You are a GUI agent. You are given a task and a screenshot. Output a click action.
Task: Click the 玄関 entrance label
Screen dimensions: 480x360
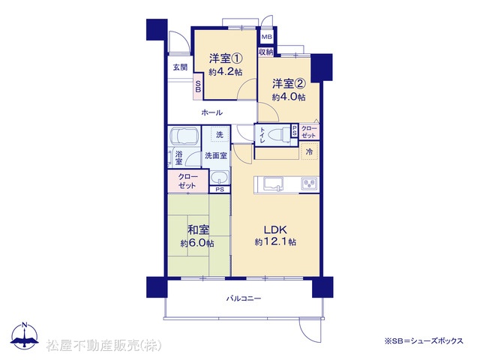tap(180, 67)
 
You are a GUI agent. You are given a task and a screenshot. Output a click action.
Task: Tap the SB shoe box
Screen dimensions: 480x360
tap(198, 86)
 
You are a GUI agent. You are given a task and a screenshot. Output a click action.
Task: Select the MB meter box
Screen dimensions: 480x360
tap(266, 37)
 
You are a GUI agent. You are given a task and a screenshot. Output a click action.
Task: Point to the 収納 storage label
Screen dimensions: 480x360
tap(265, 52)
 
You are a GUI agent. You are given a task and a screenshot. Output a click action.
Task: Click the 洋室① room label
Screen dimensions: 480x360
tap(226, 58)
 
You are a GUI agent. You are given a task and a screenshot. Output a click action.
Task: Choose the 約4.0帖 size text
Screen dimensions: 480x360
tap(289, 97)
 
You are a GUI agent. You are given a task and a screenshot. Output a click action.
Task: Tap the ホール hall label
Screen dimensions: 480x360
tap(211, 112)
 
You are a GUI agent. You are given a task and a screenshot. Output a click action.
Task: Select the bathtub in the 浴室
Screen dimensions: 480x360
tap(184, 136)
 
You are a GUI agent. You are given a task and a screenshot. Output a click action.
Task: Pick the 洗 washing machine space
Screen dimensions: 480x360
tap(220, 134)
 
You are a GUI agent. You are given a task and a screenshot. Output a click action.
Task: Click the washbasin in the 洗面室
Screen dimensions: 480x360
tap(219, 178)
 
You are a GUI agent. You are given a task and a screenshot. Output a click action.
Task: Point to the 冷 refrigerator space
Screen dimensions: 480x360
tap(310, 151)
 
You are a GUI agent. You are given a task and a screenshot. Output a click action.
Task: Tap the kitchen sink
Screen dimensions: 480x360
tap(273, 184)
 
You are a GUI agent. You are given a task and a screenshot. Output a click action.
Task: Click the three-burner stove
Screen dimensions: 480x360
tap(310, 184)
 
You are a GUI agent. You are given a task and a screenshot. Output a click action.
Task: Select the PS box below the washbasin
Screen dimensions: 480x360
tap(220, 190)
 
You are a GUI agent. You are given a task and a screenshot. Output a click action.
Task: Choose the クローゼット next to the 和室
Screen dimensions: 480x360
tap(187, 181)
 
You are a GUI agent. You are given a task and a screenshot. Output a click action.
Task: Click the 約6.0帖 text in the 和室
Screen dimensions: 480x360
tap(197, 244)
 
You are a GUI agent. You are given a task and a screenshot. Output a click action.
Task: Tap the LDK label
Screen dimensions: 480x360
tap(275, 229)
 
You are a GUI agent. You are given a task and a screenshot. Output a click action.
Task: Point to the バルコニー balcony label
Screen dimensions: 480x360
tap(244, 298)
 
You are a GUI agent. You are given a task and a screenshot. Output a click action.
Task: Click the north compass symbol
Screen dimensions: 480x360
tap(25, 335)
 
